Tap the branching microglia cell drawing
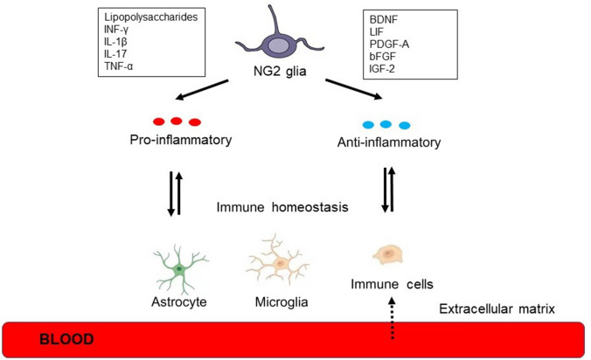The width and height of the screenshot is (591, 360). click(x=280, y=261)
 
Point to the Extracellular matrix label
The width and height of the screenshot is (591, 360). click(x=498, y=308)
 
